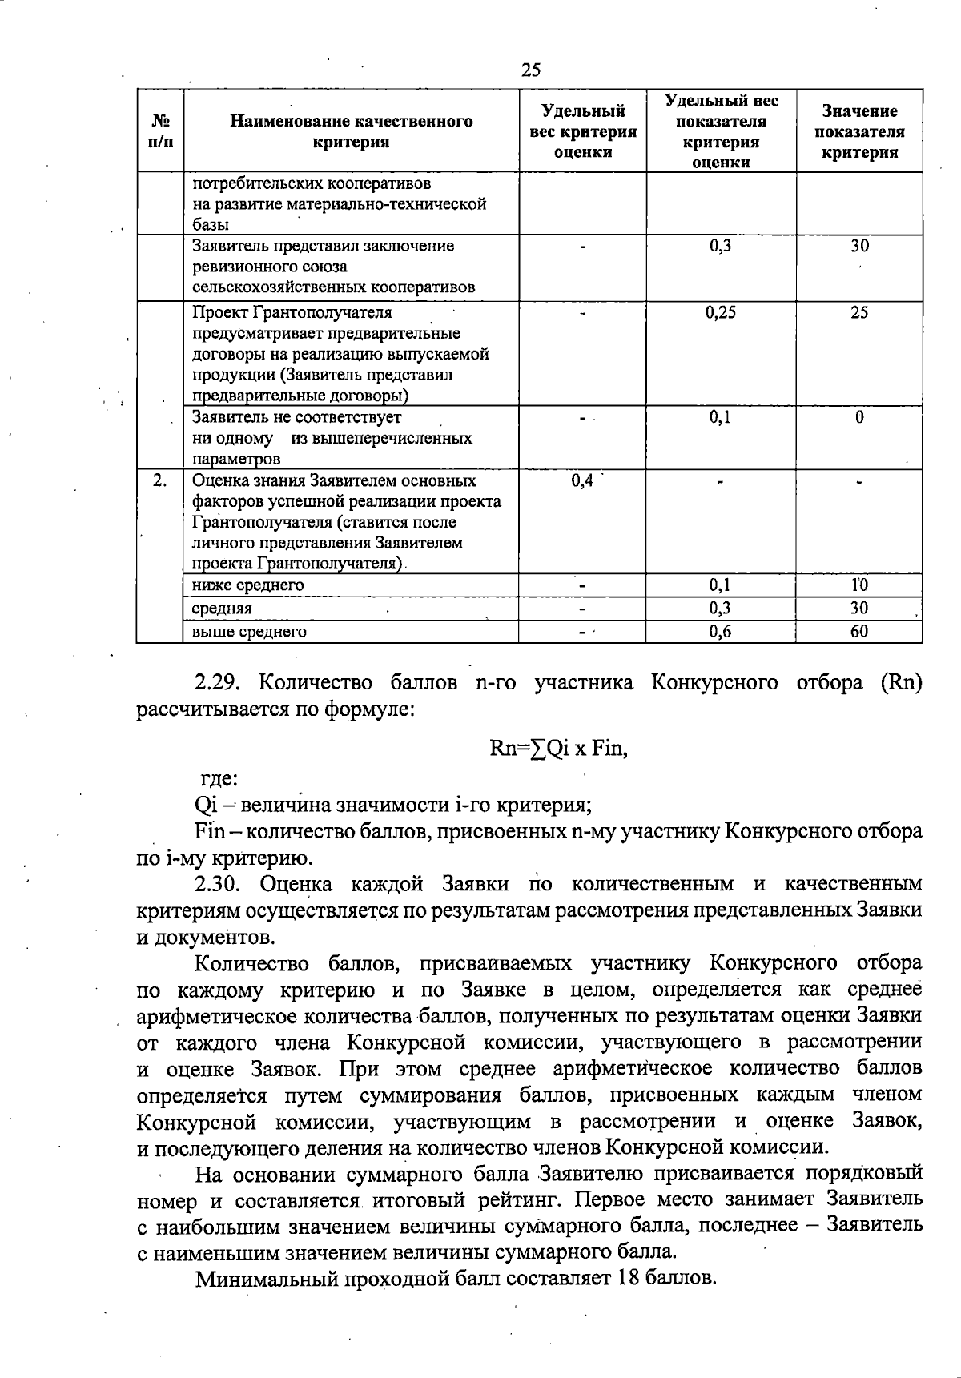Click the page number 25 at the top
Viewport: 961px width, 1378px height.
[x=530, y=70]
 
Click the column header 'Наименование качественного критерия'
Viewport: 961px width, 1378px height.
[x=352, y=131]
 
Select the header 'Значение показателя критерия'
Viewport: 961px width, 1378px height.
[x=859, y=131]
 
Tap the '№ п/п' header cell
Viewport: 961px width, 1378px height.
[x=160, y=131]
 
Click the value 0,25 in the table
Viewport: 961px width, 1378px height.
[x=720, y=312]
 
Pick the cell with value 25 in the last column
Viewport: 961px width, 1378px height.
[x=859, y=312]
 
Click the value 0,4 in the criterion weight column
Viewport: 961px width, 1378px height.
[x=582, y=480]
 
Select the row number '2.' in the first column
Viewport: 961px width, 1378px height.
[x=160, y=480]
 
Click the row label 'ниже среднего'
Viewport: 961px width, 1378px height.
[x=248, y=585]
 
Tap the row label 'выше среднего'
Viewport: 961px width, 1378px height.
[x=249, y=632]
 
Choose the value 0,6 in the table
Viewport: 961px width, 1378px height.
[x=720, y=632]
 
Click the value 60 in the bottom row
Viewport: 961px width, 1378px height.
[x=859, y=632]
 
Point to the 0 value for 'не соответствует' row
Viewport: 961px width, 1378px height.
[x=859, y=417]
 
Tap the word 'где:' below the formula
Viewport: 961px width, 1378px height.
[x=217, y=778]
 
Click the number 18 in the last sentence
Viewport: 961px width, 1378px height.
[x=627, y=1278]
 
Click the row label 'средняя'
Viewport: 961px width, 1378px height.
[x=222, y=609]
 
